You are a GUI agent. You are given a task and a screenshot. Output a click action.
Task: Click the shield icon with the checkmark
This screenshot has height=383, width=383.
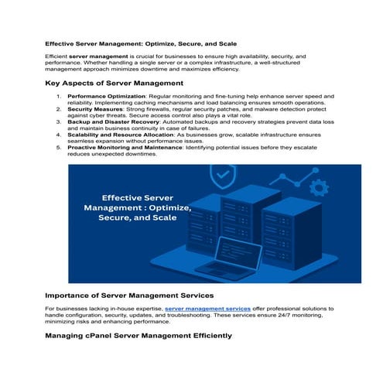coord(223,176)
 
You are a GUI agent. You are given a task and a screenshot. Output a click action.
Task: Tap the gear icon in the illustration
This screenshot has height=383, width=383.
coord(316,187)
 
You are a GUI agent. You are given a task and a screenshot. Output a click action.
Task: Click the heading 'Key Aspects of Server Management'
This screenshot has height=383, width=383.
coord(114,82)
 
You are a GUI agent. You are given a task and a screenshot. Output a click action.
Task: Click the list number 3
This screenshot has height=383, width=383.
coord(59,122)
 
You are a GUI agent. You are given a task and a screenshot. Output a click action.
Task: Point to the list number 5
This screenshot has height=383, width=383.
coord(59,147)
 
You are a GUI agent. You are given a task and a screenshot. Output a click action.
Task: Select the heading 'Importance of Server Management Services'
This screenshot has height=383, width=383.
coord(129,295)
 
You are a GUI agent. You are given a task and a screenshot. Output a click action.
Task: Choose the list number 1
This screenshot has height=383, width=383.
coord(59,97)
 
